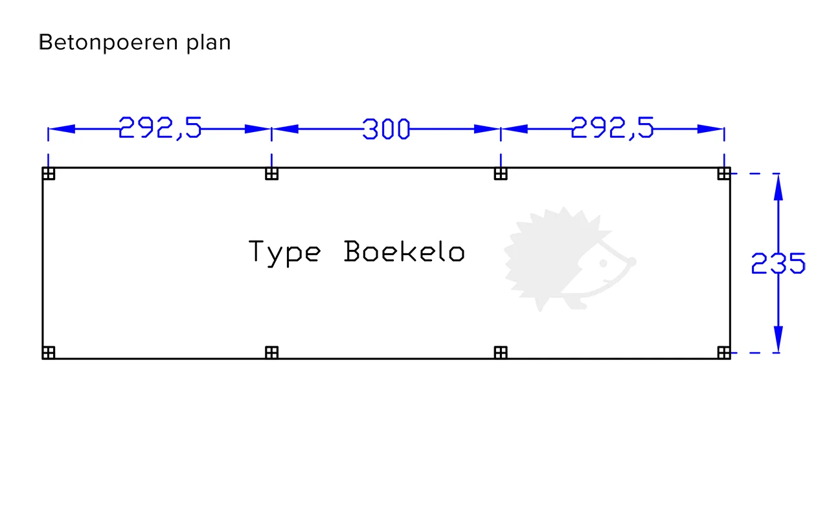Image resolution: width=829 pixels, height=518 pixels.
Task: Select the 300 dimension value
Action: click(x=386, y=129)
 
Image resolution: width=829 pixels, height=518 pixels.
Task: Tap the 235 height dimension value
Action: click(x=778, y=264)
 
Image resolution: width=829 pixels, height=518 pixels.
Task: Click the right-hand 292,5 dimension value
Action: click(x=612, y=128)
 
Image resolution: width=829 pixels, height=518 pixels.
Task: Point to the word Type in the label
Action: click(x=284, y=252)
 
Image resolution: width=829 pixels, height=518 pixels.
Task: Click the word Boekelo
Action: click(x=404, y=251)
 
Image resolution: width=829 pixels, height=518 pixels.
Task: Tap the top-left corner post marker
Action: click(x=49, y=174)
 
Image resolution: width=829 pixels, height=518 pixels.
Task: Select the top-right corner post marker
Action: click(x=724, y=174)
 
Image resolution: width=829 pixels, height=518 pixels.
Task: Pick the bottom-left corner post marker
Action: click(x=49, y=352)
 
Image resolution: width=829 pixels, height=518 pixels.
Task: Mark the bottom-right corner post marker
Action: click(x=724, y=352)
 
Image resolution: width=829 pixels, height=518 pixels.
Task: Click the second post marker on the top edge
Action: click(x=271, y=174)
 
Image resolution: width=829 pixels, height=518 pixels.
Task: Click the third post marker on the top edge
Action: click(x=500, y=174)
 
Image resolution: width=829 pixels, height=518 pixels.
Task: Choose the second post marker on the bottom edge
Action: click(x=271, y=352)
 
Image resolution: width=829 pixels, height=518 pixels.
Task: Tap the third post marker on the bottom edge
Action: click(x=500, y=352)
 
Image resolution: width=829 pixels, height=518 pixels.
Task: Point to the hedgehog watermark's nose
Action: click(x=632, y=262)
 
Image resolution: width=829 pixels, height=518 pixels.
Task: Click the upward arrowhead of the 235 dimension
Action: click(x=778, y=187)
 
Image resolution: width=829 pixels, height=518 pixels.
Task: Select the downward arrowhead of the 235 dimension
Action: click(x=778, y=339)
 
